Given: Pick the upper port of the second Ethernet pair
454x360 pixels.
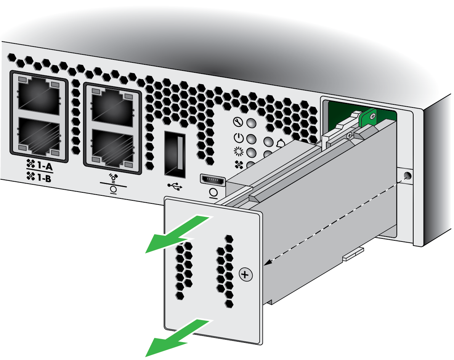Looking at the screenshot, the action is tap(112, 107).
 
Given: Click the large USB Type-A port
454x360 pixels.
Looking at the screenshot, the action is tap(175, 154).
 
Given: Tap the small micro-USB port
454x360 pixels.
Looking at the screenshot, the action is tap(213, 180).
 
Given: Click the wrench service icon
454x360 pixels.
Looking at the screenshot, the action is tap(238, 122).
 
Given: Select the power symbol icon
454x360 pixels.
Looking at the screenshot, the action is tap(239, 138).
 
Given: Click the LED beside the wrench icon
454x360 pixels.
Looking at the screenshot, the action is tap(251, 123).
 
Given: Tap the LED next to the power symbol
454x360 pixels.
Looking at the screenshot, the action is tap(251, 139).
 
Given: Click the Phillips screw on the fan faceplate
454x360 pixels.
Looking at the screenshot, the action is tap(245, 274).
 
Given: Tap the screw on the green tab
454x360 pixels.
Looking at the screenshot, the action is tap(373, 116).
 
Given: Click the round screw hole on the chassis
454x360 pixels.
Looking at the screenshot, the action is tap(407, 175).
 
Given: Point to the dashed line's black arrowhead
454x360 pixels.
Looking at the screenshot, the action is tap(268, 262).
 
